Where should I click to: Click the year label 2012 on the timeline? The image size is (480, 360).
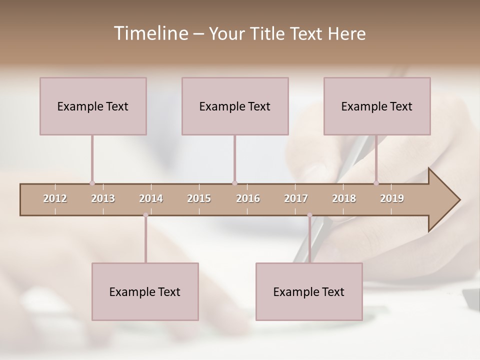55,198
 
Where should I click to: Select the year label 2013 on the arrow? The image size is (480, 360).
103,198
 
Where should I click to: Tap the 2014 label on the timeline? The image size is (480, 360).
151,198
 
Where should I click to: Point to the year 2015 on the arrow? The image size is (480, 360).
199,198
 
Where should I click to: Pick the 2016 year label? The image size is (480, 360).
248,198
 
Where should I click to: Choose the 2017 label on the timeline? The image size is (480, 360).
296,198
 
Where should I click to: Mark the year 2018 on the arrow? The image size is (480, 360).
344,198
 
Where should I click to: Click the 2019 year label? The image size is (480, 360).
392,198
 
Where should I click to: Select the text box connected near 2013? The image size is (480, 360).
93,106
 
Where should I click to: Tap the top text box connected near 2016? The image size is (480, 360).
235,106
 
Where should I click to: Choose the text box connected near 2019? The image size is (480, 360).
377,106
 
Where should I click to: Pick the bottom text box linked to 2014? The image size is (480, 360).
145,291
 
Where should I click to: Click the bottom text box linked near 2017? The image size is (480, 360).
309,291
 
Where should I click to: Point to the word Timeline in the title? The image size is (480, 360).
150,33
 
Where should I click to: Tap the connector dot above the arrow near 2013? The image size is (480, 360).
92,183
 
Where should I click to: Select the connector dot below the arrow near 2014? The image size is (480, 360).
145,215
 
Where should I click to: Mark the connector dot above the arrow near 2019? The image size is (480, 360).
376,183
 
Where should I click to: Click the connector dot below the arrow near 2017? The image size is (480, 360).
309,215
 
